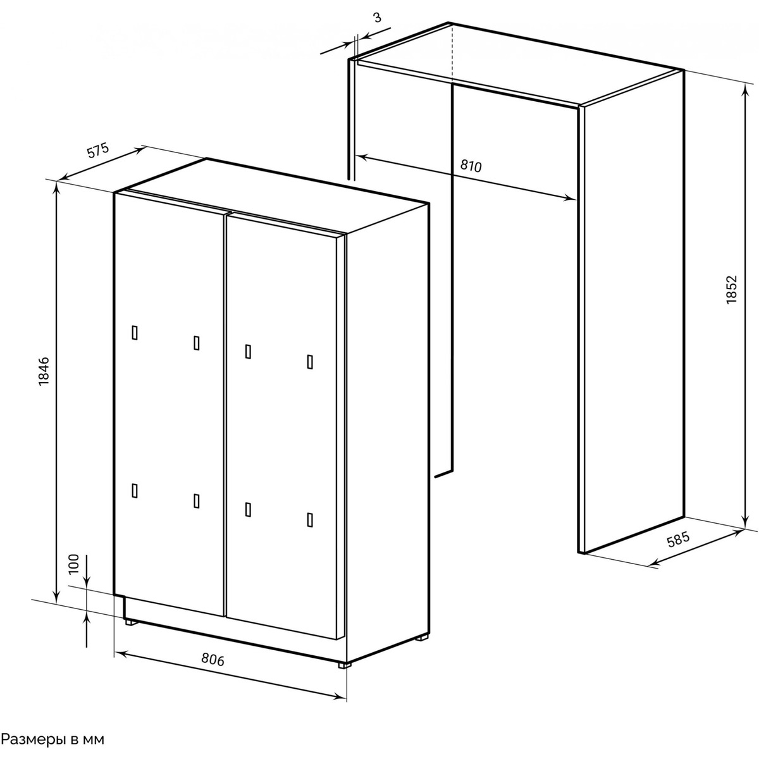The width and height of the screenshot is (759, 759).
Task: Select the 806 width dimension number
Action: (x=213, y=659)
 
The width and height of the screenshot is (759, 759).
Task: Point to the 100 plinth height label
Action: (x=74, y=564)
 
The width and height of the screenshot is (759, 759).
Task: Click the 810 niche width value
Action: (x=471, y=166)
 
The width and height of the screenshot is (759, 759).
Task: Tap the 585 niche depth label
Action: (x=678, y=540)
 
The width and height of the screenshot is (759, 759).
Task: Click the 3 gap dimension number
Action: (x=378, y=18)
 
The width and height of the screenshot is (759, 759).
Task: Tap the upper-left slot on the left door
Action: (x=134, y=333)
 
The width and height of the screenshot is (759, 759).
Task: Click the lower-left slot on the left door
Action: (x=134, y=491)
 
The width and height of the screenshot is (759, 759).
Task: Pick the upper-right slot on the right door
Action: (x=310, y=362)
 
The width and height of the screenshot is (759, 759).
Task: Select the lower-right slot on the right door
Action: (x=310, y=520)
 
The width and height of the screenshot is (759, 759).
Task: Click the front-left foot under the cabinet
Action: (x=132, y=623)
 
